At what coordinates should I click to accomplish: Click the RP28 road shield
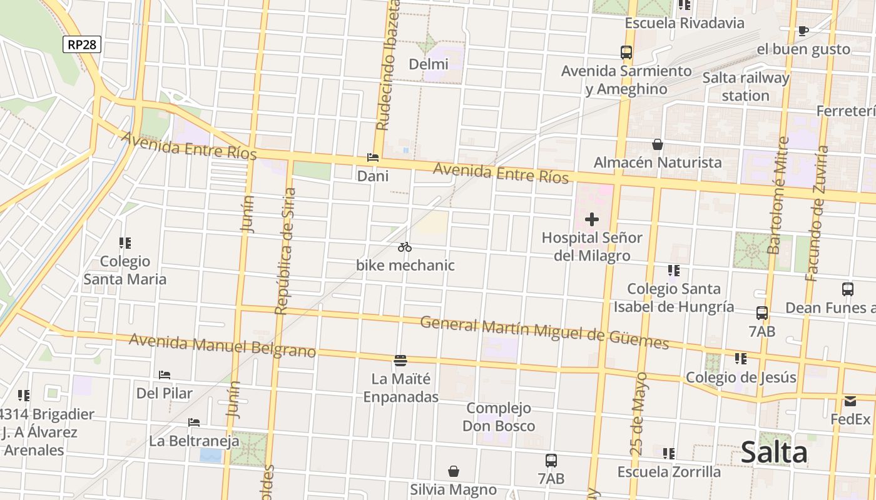[82, 44]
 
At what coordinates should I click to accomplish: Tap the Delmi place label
[429, 64]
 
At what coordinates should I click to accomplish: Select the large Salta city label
[774, 452]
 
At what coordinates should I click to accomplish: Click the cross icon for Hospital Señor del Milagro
[591, 220]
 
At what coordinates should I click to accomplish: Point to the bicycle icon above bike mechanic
[405, 247]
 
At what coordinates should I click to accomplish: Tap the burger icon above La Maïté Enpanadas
[400, 361]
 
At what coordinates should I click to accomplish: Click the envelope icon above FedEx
[850, 401]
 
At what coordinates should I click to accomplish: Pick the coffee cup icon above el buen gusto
[803, 31]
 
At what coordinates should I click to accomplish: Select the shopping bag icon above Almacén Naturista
[658, 144]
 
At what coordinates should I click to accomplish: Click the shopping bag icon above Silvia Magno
[454, 471]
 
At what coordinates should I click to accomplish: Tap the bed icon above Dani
[373, 158]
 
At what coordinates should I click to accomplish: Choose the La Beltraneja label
[194, 441]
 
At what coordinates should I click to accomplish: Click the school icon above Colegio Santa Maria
[125, 242]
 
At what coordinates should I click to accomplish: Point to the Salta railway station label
[746, 87]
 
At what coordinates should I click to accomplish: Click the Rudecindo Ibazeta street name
[388, 66]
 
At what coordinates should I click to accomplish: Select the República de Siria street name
[285, 250]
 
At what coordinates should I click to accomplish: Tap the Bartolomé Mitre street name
[778, 196]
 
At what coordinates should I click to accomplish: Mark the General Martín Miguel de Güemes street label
[544, 332]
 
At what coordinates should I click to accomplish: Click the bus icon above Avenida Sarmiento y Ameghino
[626, 52]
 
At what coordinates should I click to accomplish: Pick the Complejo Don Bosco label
[499, 417]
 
